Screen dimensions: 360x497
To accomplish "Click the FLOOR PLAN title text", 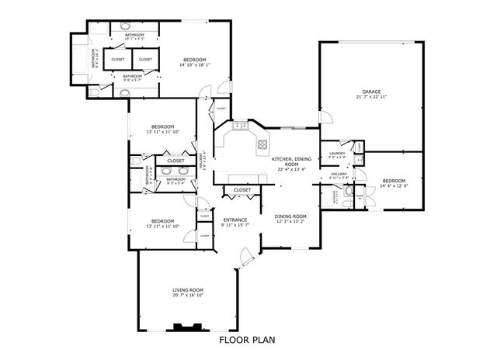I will point(246,339).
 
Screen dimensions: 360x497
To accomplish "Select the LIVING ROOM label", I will point(188,290).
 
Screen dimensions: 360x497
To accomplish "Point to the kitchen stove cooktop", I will point(263,144).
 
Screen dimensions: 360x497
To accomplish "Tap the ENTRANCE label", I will point(235,220).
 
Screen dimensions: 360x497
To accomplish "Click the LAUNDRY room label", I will point(337,154).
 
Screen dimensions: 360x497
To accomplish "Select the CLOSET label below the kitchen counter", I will point(242,189).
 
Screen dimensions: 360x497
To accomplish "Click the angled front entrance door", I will point(245,256).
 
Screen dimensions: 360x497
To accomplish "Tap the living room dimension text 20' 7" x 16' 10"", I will point(188,296).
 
